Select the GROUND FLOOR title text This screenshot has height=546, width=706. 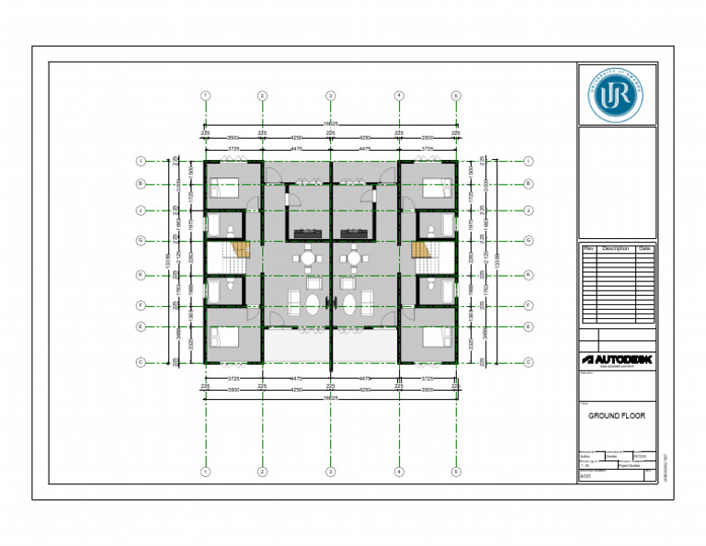[617, 415]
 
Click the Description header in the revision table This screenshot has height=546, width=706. [615, 248]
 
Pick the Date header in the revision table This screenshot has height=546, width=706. [644, 248]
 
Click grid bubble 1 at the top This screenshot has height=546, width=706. [205, 96]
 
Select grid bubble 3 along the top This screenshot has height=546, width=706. [330, 96]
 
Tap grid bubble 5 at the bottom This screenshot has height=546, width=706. [455, 472]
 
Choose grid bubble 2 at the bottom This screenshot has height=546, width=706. [262, 472]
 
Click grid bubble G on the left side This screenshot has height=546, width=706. [140, 241]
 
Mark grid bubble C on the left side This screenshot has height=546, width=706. [140, 361]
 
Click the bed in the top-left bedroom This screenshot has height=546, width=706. [224, 189]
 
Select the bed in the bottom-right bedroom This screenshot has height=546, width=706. [436, 336]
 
